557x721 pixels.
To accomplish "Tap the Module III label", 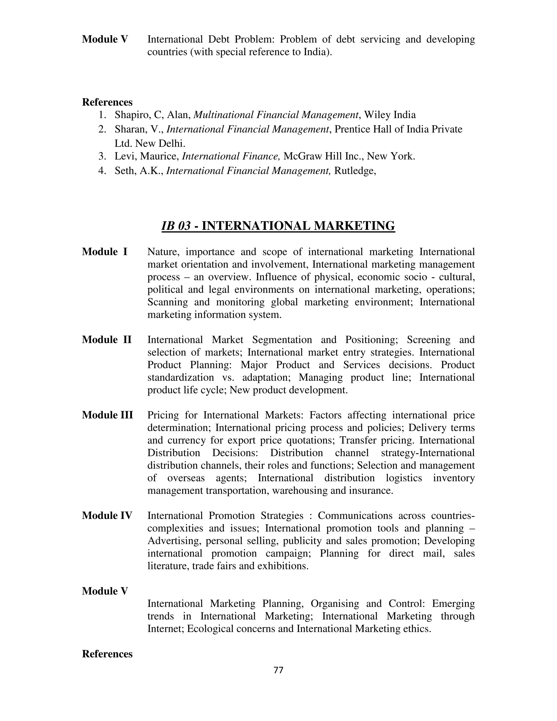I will pyautogui.click(x=107, y=415).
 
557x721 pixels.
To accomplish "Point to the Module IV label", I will pyautogui.click(x=107, y=515).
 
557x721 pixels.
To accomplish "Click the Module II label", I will pyautogui.click(x=107, y=340).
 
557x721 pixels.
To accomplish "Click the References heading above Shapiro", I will pyautogui.click(x=107, y=102).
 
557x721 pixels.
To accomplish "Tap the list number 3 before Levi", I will pyautogui.click(x=102, y=156).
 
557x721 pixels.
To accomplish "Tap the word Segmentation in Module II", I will pyautogui.click(x=282, y=340).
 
